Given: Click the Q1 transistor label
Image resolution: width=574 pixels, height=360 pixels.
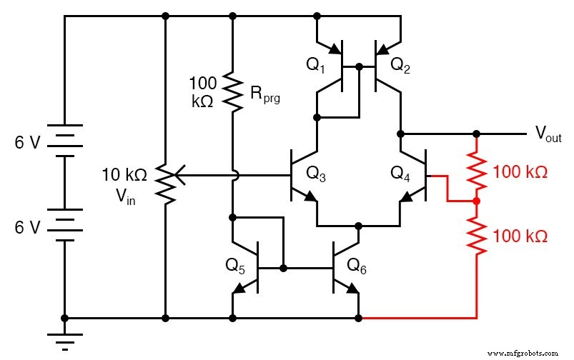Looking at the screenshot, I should [x=315, y=65].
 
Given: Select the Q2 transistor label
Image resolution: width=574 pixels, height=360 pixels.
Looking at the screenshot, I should [x=400, y=65].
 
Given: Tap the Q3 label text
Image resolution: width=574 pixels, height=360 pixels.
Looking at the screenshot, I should [x=315, y=173].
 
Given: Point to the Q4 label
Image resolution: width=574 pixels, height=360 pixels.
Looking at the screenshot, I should [x=400, y=173].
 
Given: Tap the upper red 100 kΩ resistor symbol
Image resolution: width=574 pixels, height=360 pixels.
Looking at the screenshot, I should [x=476, y=168].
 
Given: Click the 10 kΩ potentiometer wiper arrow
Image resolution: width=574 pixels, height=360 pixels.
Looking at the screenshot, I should [x=180, y=174].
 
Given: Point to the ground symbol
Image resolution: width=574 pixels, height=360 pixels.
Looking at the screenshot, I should [x=65, y=340].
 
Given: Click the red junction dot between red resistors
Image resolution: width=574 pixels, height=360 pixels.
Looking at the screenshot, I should [x=476, y=201].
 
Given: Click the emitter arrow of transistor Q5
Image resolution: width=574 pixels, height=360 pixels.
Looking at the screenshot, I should [x=239, y=289].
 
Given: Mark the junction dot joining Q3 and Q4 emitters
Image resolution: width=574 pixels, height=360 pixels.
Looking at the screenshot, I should [x=358, y=224].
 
